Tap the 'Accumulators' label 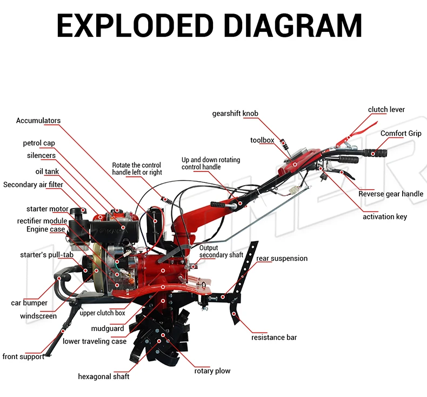coord(38,121)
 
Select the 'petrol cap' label coord(39,143)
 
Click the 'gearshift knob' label coord(235,114)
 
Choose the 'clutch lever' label coord(386,109)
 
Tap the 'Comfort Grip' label coord(401,133)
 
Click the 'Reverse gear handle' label coord(391,194)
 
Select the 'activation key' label coord(384,216)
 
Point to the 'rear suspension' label coord(282,259)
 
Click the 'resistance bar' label coord(274,338)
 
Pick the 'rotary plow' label coord(212,370)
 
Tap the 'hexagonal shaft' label coord(104,376)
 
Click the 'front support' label coord(23,356)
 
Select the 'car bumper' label coord(29,303)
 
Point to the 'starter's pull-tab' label coord(43,254)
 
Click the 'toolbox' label coord(262,140)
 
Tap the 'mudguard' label coord(108,328)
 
